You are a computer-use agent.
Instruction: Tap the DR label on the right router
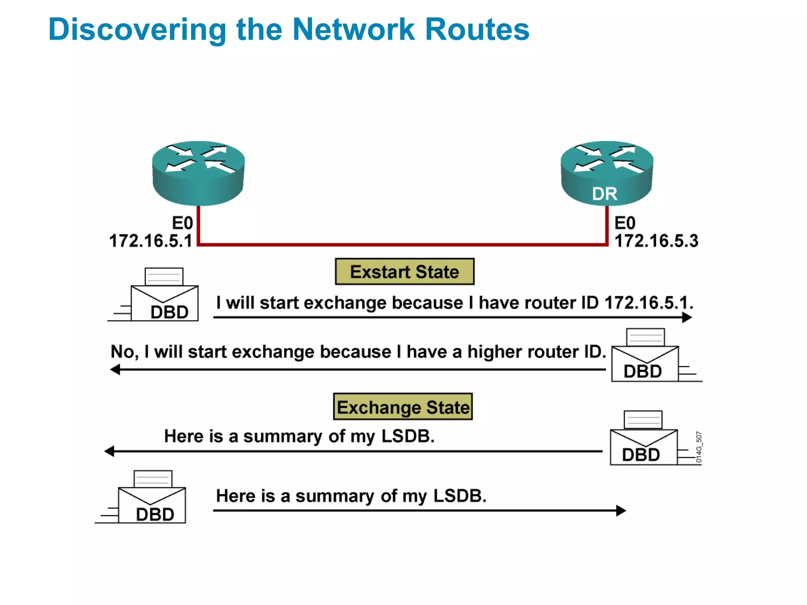pyautogui.click(x=604, y=194)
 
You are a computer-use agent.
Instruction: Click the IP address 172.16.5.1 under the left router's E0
pyautogui.click(x=151, y=241)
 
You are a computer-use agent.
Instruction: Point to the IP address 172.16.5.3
pyautogui.click(x=656, y=241)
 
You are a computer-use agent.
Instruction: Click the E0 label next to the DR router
pyautogui.click(x=625, y=223)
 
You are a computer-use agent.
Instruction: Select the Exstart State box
pyautogui.click(x=404, y=272)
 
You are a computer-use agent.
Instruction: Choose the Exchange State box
pyautogui.click(x=403, y=407)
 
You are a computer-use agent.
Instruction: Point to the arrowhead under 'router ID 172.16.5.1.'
pyautogui.click(x=687, y=317)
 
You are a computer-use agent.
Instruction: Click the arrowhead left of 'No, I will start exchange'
pyautogui.click(x=115, y=369)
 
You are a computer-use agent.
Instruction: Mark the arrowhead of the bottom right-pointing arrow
pyautogui.click(x=621, y=510)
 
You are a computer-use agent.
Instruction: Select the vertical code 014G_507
pyautogui.click(x=699, y=447)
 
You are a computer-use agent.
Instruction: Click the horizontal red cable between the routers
pyautogui.click(x=402, y=245)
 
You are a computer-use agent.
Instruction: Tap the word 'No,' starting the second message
pyautogui.click(x=125, y=352)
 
